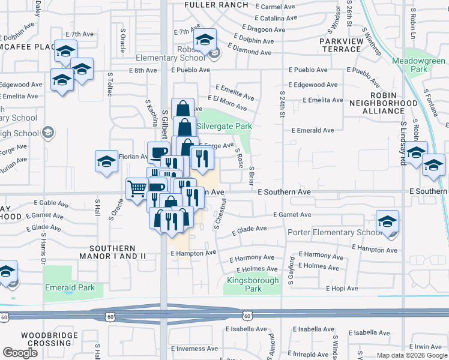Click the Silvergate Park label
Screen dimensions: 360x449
(x=224, y=126)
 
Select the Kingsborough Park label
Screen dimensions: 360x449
(x=253, y=284)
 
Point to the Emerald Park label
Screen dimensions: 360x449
(x=70, y=287)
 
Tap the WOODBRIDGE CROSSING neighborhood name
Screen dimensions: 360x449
(x=50, y=339)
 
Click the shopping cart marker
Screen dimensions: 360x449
(x=137, y=188)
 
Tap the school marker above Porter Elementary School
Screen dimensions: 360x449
(x=388, y=221)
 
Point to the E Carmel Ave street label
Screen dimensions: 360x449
(x=276, y=7)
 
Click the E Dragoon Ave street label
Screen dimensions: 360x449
(x=267, y=28)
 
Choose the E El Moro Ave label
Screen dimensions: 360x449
(x=227, y=103)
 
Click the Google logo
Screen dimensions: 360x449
(x=20, y=353)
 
